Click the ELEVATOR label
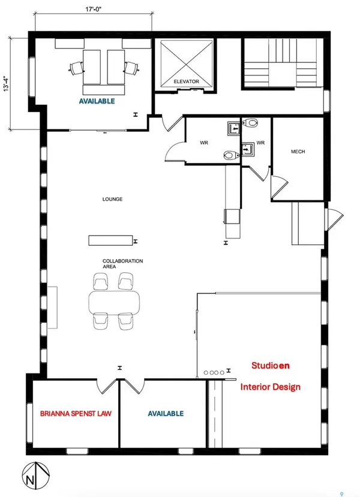point(185,82)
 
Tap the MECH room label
point(298,152)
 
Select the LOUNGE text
point(113,199)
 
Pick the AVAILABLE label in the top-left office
point(94,101)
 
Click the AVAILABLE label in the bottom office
point(166,414)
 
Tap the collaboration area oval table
point(113,302)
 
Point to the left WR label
point(203,143)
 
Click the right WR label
point(260,143)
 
